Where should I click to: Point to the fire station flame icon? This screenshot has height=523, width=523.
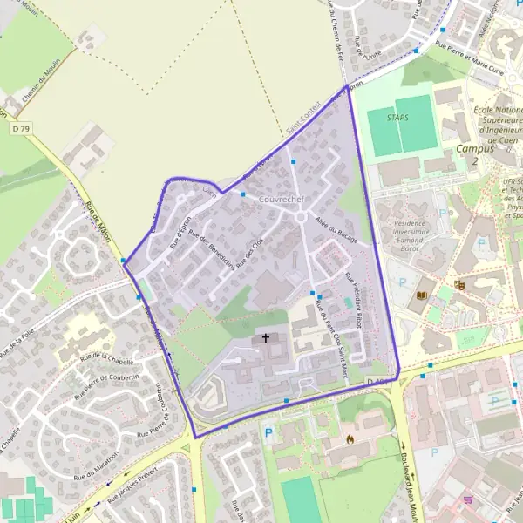pos(349,438)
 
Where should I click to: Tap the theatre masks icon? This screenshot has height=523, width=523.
pos(460,283)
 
